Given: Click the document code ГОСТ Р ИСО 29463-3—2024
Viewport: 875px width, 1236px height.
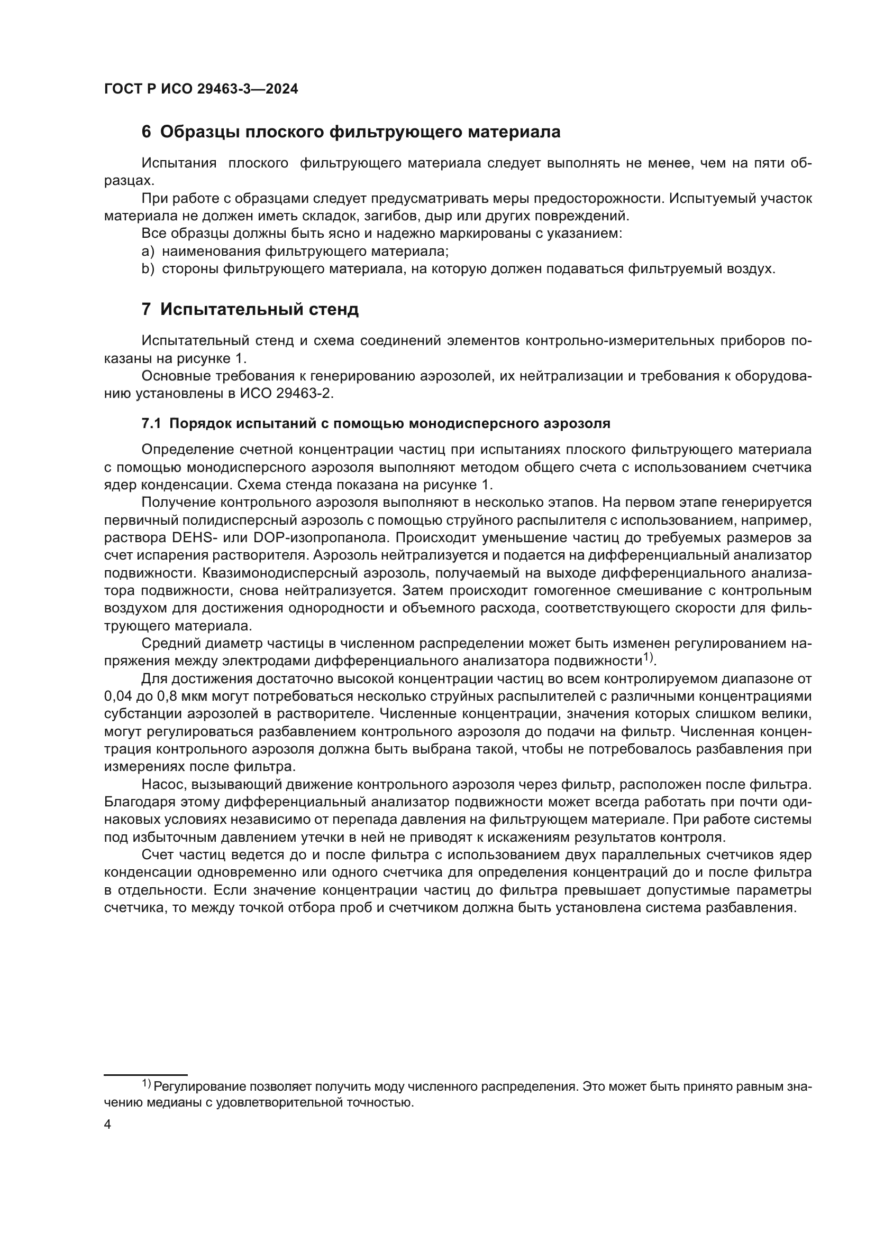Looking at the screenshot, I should coord(200,89).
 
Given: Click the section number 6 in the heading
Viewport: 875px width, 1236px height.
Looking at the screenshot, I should coord(146,132).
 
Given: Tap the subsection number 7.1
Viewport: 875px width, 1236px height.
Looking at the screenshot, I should coord(151,424).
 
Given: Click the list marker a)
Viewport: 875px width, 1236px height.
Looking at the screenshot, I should coord(148,252).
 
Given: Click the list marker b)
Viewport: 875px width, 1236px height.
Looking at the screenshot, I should coord(148,269).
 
